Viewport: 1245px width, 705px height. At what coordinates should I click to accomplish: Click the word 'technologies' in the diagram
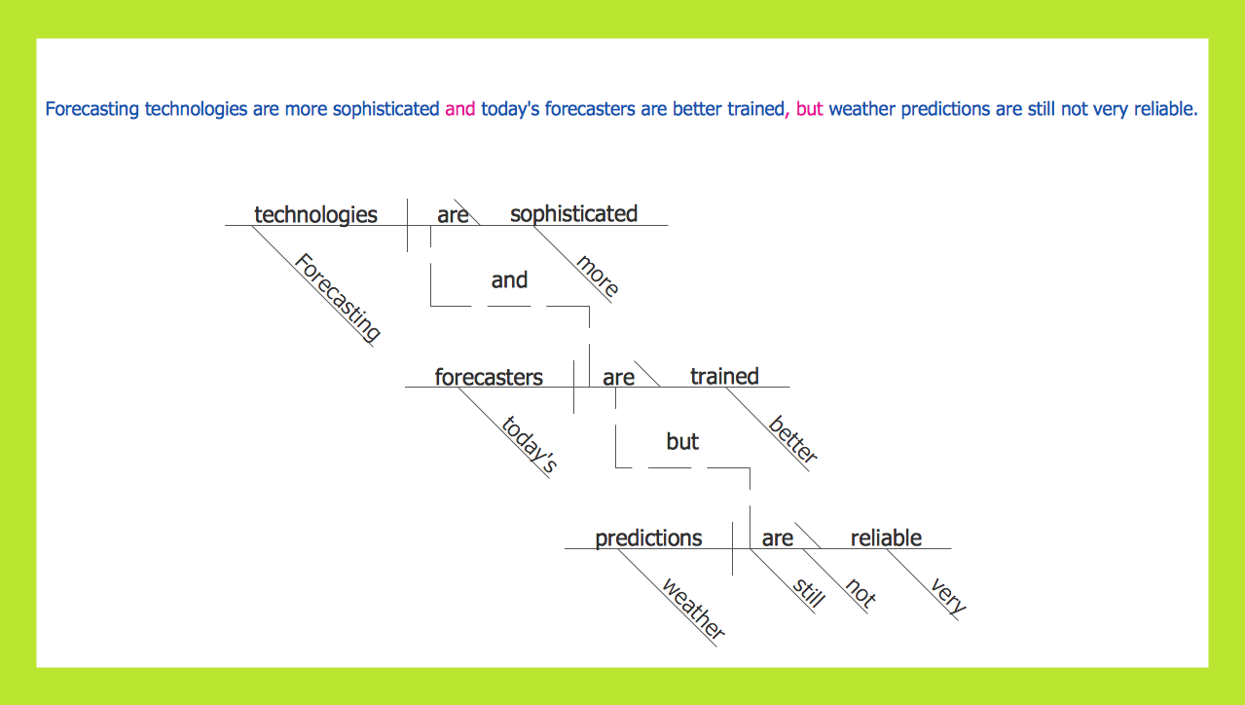pos(315,214)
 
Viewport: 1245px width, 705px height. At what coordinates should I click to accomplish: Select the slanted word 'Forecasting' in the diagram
pos(338,297)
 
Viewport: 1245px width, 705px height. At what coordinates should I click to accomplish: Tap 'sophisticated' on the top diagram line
pos(573,213)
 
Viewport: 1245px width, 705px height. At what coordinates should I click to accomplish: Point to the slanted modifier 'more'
pos(597,276)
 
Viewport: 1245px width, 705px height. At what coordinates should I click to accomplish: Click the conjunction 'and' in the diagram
pos(509,280)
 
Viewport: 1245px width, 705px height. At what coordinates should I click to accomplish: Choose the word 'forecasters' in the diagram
pos(489,377)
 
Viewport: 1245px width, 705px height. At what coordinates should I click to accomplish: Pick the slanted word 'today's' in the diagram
pos(529,444)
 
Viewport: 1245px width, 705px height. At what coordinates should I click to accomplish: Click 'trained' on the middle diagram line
pos(724,376)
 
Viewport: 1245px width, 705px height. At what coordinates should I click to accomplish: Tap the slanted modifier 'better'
pos(793,440)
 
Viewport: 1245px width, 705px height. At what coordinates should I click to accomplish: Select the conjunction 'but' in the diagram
pos(682,442)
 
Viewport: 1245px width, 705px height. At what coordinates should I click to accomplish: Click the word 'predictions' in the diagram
pos(648,538)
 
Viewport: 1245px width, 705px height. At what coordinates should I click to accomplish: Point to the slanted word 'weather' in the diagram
pos(693,609)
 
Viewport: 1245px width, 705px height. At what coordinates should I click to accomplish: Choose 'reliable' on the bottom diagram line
pos(886,538)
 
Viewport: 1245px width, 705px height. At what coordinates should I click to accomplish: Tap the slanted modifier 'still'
pos(808,592)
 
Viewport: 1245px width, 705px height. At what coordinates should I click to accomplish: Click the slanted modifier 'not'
pos(861,593)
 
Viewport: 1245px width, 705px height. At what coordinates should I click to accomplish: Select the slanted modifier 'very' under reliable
pos(948,596)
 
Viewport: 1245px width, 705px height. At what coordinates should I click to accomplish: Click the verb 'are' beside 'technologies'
pos(453,215)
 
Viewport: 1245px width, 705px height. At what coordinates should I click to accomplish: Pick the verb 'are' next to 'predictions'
pos(777,538)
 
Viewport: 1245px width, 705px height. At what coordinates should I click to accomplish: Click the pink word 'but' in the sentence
pos(809,109)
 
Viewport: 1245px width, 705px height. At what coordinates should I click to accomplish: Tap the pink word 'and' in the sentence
pos(459,109)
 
